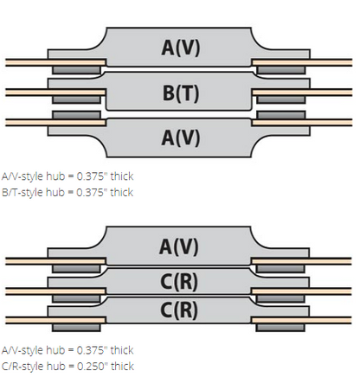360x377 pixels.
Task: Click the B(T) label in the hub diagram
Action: pyautogui.click(x=181, y=93)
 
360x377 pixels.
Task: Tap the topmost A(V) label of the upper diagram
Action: pyautogui.click(x=181, y=48)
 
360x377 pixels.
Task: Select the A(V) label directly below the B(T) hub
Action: pyautogui.click(x=181, y=137)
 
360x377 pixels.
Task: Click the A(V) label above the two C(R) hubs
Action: pyautogui.click(x=179, y=247)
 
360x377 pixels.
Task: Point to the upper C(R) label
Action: pyautogui.click(x=179, y=282)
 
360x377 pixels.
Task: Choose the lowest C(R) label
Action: pyautogui.click(x=179, y=310)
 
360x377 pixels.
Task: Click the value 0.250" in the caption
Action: pyautogui.click(x=93, y=366)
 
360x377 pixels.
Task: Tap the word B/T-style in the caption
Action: pyautogui.click(x=23, y=192)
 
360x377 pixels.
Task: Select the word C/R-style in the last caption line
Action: pyautogui.click(x=23, y=367)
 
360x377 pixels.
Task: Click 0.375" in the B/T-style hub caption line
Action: pyautogui.click(x=93, y=192)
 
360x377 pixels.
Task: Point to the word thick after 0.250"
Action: pyautogui.click(x=122, y=366)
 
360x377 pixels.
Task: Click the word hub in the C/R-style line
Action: pyautogui.click(x=56, y=366)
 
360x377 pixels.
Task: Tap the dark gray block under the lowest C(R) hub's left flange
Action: pyautogui.click(x=76, y=328)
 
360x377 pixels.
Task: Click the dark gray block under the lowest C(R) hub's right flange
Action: pyautogui.click(x=280, y=328)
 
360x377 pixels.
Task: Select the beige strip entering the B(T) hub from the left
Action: pyautogui.click(x=55, y=93)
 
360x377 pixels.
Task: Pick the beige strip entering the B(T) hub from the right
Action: pyautogui.click(x=302, y=93)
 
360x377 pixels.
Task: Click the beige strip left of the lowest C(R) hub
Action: pyautogui.click(x=55, y=320)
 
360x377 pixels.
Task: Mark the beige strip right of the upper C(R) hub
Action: pyautogui.click(x=302, y=291)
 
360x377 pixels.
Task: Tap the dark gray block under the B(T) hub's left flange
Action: pyautogui.click(x=76, y=99)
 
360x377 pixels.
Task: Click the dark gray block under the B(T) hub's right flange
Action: pyautogui.click(x=280, y=99)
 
